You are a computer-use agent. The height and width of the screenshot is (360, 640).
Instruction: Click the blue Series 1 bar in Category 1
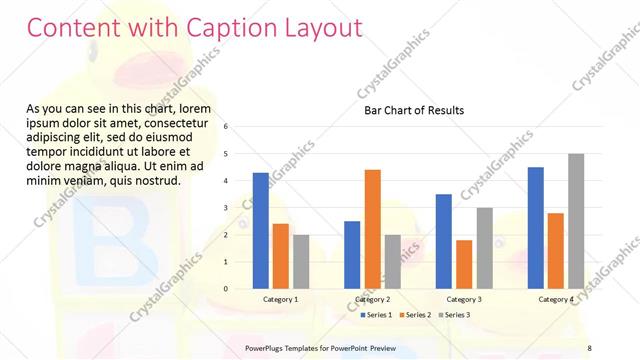coord(260,230)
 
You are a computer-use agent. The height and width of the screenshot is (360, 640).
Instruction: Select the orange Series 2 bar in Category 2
coord(372,229)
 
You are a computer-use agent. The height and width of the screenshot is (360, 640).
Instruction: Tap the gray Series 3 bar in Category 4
coord(576,221)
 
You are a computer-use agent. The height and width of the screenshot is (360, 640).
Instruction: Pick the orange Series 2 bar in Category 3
coord(464,264)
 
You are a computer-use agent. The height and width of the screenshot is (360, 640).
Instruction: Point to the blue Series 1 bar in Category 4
coord(536,227)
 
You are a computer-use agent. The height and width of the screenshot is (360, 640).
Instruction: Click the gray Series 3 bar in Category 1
coord(301,261)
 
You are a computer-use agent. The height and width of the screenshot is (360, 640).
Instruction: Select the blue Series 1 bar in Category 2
coord(352,254)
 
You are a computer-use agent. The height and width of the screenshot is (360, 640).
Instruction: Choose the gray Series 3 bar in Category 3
coord(484,248)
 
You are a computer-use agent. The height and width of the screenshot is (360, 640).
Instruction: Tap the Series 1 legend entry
coord(378,315)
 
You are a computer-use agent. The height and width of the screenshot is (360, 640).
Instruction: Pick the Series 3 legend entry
coord(455,315)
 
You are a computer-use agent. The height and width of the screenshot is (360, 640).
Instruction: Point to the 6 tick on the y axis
coord(227,127)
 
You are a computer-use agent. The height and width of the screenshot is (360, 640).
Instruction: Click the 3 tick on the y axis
coord(227,208)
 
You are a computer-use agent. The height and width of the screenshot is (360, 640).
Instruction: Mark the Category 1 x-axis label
coord(281,299)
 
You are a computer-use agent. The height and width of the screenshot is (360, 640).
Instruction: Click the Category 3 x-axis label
coord(464,299)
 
